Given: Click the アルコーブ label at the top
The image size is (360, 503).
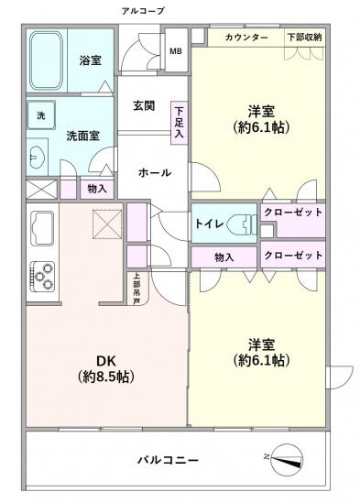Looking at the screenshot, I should tap(142, 10).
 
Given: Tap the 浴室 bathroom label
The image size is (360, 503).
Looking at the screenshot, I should tap(90, 60).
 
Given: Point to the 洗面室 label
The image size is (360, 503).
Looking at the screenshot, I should tap(83, 136).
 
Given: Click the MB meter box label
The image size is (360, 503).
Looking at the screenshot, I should tap(175, 50).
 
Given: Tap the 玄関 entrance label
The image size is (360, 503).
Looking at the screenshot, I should tap(142, 106).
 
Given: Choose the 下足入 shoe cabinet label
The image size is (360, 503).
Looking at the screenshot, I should tap(178, 122).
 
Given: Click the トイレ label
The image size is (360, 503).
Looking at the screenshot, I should tap(203, 221).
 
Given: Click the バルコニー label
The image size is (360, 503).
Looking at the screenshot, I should tap(169, 460).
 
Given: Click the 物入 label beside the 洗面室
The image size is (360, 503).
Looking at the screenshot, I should tap(95, 190).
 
